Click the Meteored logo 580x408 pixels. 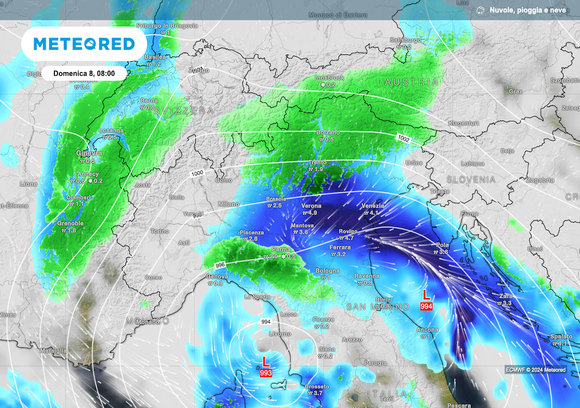tap(84, 44)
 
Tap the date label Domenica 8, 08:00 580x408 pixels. tap(84, 73)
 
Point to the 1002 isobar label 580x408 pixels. tap(404, 139)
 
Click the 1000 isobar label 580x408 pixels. tap(197, 174)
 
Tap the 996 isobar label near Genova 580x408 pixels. tap(220, 265)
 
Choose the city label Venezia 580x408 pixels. tap(373, 206)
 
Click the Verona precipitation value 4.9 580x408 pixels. tap(313, 213)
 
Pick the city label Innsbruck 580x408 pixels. tap(329, 78)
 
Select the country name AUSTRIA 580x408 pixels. tap(411, 82)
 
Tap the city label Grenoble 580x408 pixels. tap(70, 223)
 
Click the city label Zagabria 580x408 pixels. tap(540, 180)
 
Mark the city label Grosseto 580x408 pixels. tap(317, 387)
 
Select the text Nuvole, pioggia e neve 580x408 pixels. tap(527, 10)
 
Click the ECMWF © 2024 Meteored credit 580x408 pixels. tap(536, 369)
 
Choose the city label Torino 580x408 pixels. tap(159, 231)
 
